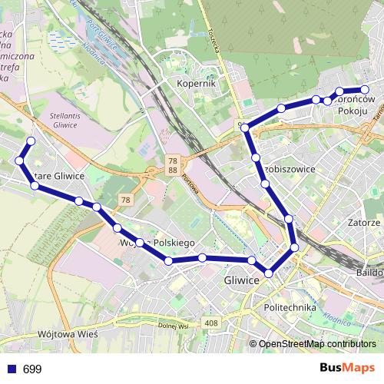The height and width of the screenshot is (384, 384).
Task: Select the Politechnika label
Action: [x=290, y=307]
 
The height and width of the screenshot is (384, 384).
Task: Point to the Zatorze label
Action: [x=363, y=222]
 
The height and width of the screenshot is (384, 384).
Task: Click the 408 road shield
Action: [x=211, y=323]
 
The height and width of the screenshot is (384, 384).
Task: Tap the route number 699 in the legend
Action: [x=32, y=369]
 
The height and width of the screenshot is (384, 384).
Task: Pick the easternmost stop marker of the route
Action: [x=365, y=89]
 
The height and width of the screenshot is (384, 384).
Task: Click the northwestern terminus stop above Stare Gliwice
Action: [x=31, y=141]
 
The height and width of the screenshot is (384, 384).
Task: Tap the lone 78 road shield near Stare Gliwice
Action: [x=124, y=200]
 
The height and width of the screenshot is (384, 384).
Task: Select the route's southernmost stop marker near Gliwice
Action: [x=269, y=273]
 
